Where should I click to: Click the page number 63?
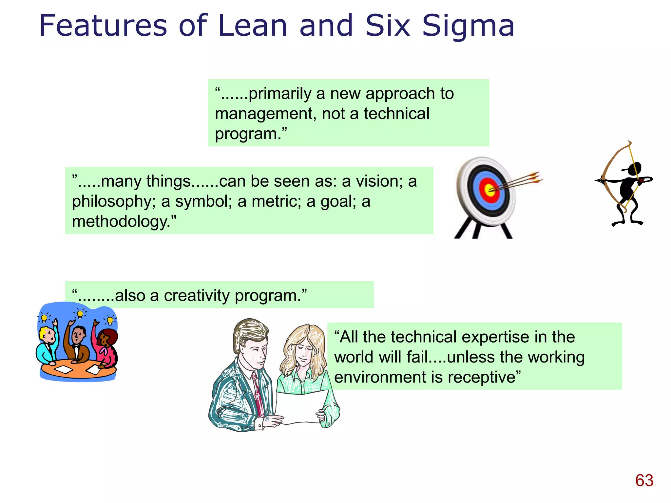pyautogui.click(x=644, y=480)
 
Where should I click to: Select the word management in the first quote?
pyautogui.click(x=265, y=114)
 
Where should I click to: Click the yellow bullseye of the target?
pyautogui.click(x=489, y=190)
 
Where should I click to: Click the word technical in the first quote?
pyautogui.click(x=396, y=114)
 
